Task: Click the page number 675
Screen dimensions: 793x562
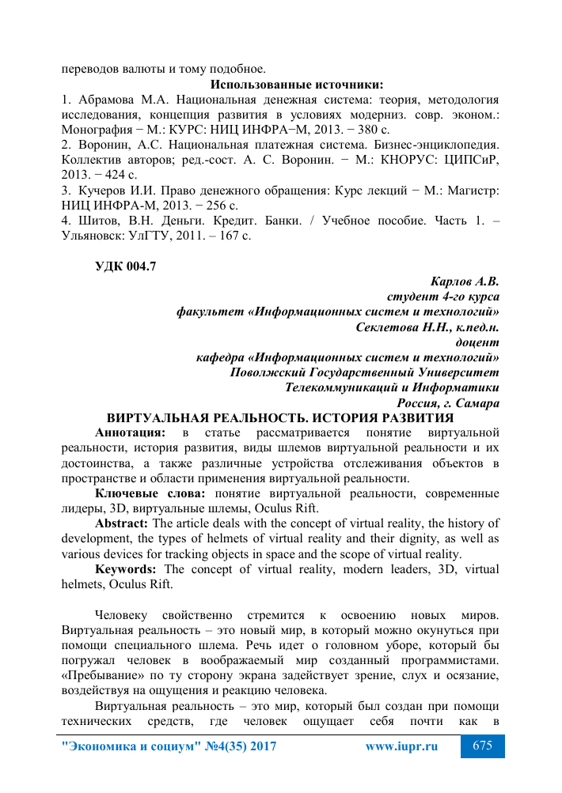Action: click(483, 746)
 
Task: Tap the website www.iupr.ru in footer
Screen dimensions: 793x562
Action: click(401, 746)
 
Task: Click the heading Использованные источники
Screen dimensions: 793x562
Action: click(297, 85)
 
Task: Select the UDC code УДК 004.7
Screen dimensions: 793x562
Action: click(126, 266)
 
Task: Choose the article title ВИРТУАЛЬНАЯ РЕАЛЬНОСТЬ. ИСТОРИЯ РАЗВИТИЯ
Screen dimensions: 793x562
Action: click(280, 417)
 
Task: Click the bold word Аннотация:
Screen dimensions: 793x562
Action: click(131, 432)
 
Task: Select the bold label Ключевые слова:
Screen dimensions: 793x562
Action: click(150, 493)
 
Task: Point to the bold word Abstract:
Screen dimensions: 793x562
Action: click(122, 523)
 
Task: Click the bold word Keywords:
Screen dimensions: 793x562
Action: click(126, 568)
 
